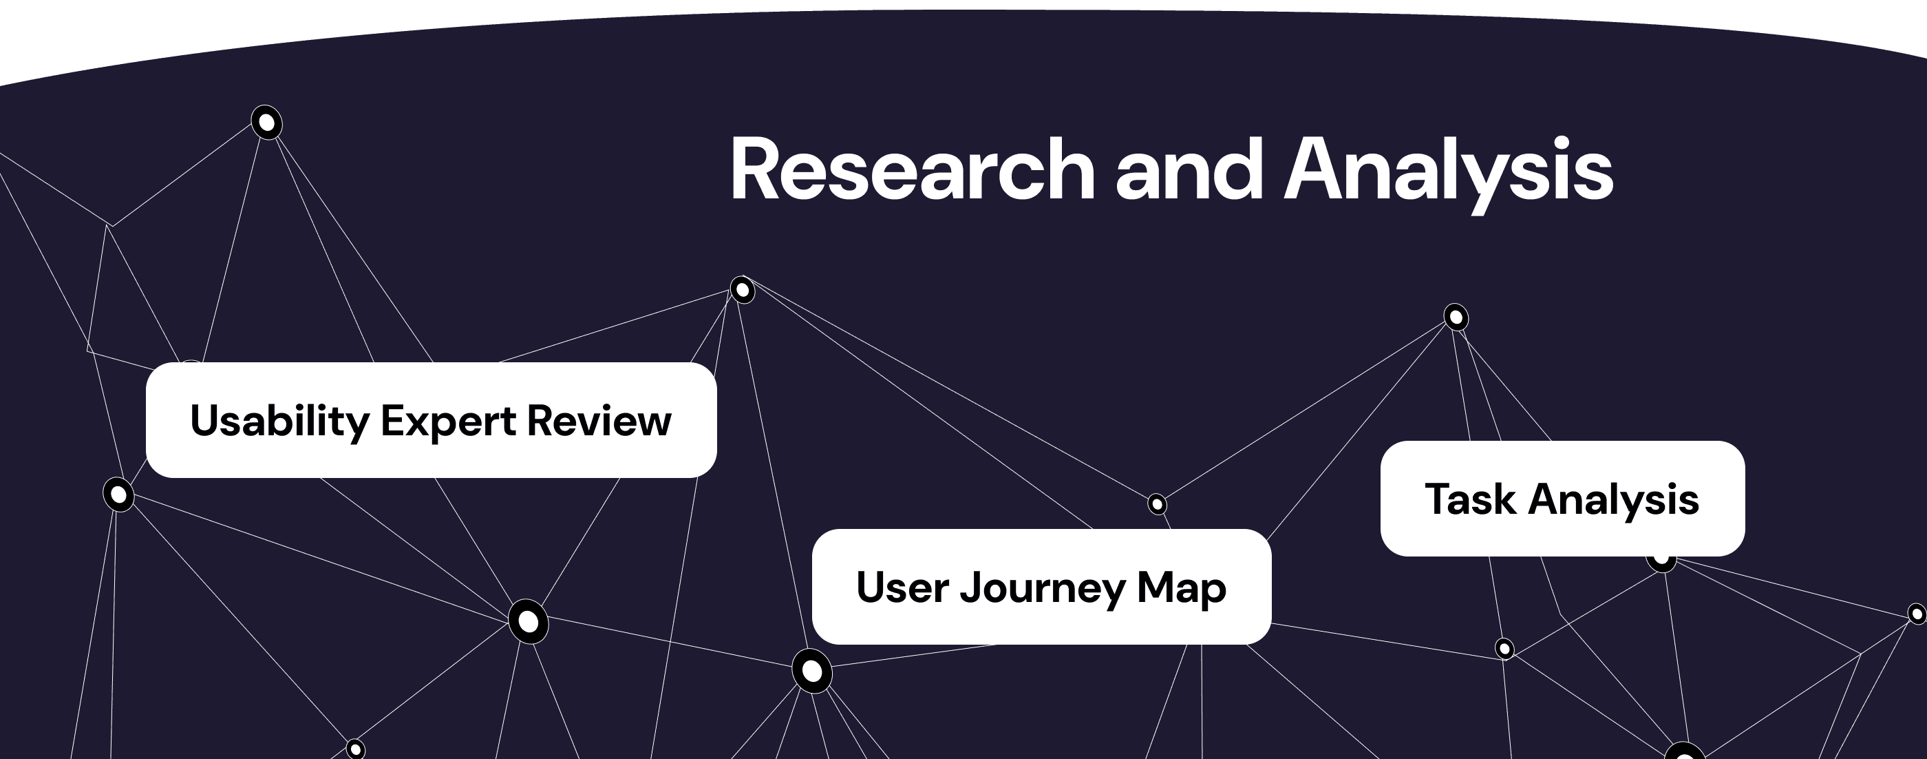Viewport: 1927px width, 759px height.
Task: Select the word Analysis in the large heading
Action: (x=1448, y=171)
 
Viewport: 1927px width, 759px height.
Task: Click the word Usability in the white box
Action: (x=279, y=422)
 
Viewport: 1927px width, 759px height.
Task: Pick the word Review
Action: (x=599, y=421)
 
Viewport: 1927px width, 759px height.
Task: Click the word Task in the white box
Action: (x=1470, y=499)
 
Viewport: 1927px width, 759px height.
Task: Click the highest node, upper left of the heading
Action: (x=266, y=122)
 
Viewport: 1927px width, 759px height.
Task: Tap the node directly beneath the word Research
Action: (x=742, y=289)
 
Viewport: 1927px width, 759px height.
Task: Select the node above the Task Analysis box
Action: (x=1456, y=318)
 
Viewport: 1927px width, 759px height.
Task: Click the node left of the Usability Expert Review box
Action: (x=118, y=495)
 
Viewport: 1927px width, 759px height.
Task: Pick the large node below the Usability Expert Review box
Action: (x=528, y=621)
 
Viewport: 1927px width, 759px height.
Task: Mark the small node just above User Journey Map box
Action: (x=1156, y=504)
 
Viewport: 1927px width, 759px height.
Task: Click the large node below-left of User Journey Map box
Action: (x=811, y=671)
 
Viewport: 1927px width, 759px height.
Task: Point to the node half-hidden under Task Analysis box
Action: (x=1661, y=561)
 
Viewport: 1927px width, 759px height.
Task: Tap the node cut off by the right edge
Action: (x=1917, y=614)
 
